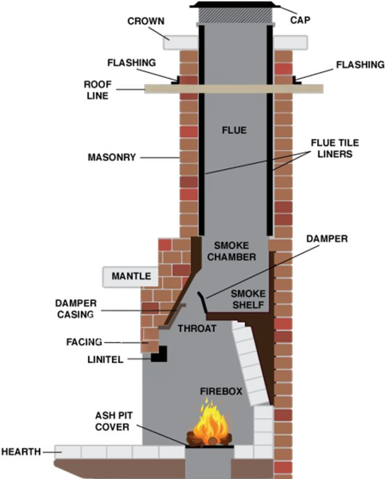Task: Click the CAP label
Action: [x=300, y=20]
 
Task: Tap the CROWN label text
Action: [x=146, y=21]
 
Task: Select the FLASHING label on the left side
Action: [x=132, y=63]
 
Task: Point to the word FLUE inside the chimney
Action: [x=234, y=130]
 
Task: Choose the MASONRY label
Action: [x=111, y=158]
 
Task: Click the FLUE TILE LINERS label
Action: [x=334, y=148]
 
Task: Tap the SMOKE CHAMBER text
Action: [x=234, y=251]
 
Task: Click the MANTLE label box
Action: [x=131, y=276]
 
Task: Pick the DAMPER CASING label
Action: [x=75, y=308]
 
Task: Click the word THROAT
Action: [x=197, y=328]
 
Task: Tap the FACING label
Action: [x=80, y=341]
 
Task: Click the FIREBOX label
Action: [x=221, y=392]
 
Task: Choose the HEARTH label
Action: [x=21, y=452]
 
